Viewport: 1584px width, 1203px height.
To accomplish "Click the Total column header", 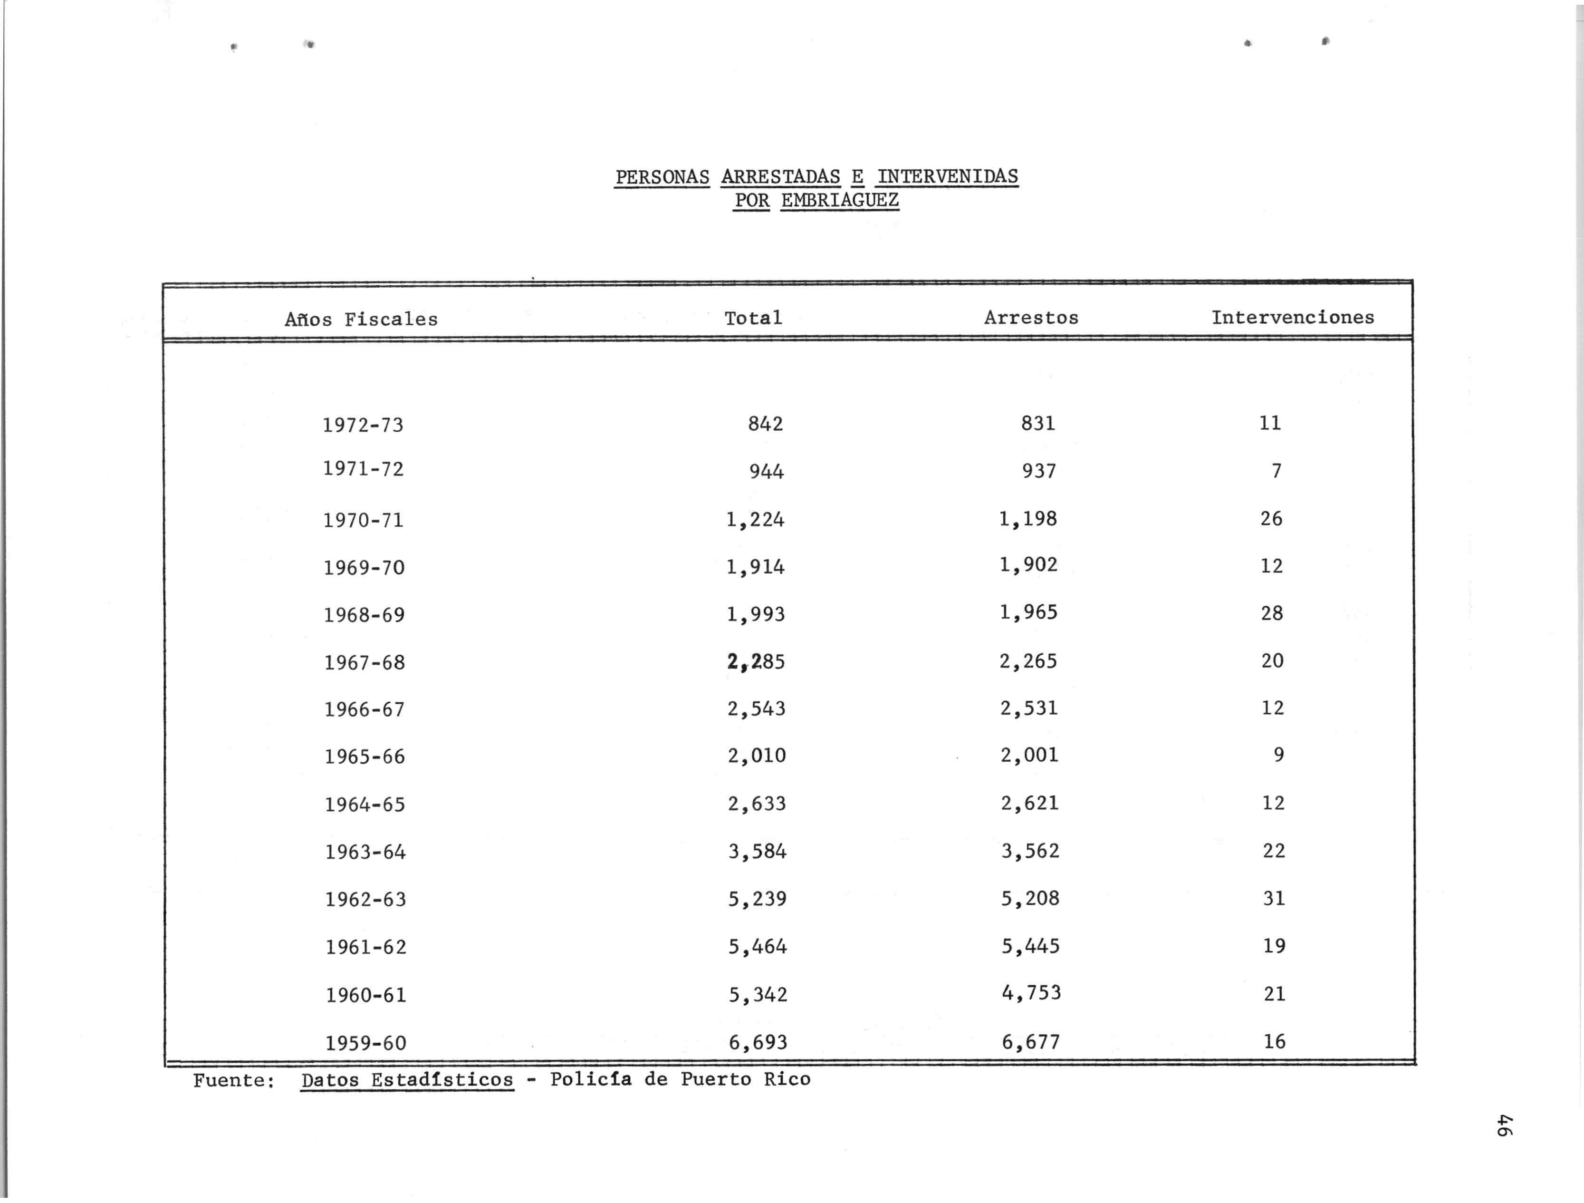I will coord(753,318).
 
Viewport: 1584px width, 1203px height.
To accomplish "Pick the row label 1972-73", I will coord(363,425).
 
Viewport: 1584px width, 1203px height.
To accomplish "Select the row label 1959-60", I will coord(366,1042).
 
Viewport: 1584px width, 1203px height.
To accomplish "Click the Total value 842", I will coord(766,424).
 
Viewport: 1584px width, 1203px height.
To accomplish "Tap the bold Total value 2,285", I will coord(756,661).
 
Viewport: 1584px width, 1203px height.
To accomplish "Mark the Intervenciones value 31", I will coord(1274,898).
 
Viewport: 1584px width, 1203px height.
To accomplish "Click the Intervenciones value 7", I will coord(1276,471).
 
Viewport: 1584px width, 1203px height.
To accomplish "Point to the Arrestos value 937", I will coord(1038,471).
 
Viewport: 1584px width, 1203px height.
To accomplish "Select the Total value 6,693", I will coord(758,1042).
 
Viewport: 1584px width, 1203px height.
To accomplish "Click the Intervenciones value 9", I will coord(1278,755).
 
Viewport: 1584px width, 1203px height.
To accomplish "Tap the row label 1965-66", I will coord(365,757).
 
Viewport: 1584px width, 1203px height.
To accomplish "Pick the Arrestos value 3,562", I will coord(1030,851).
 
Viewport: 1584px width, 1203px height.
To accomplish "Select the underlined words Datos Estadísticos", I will coord(407,1080).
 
